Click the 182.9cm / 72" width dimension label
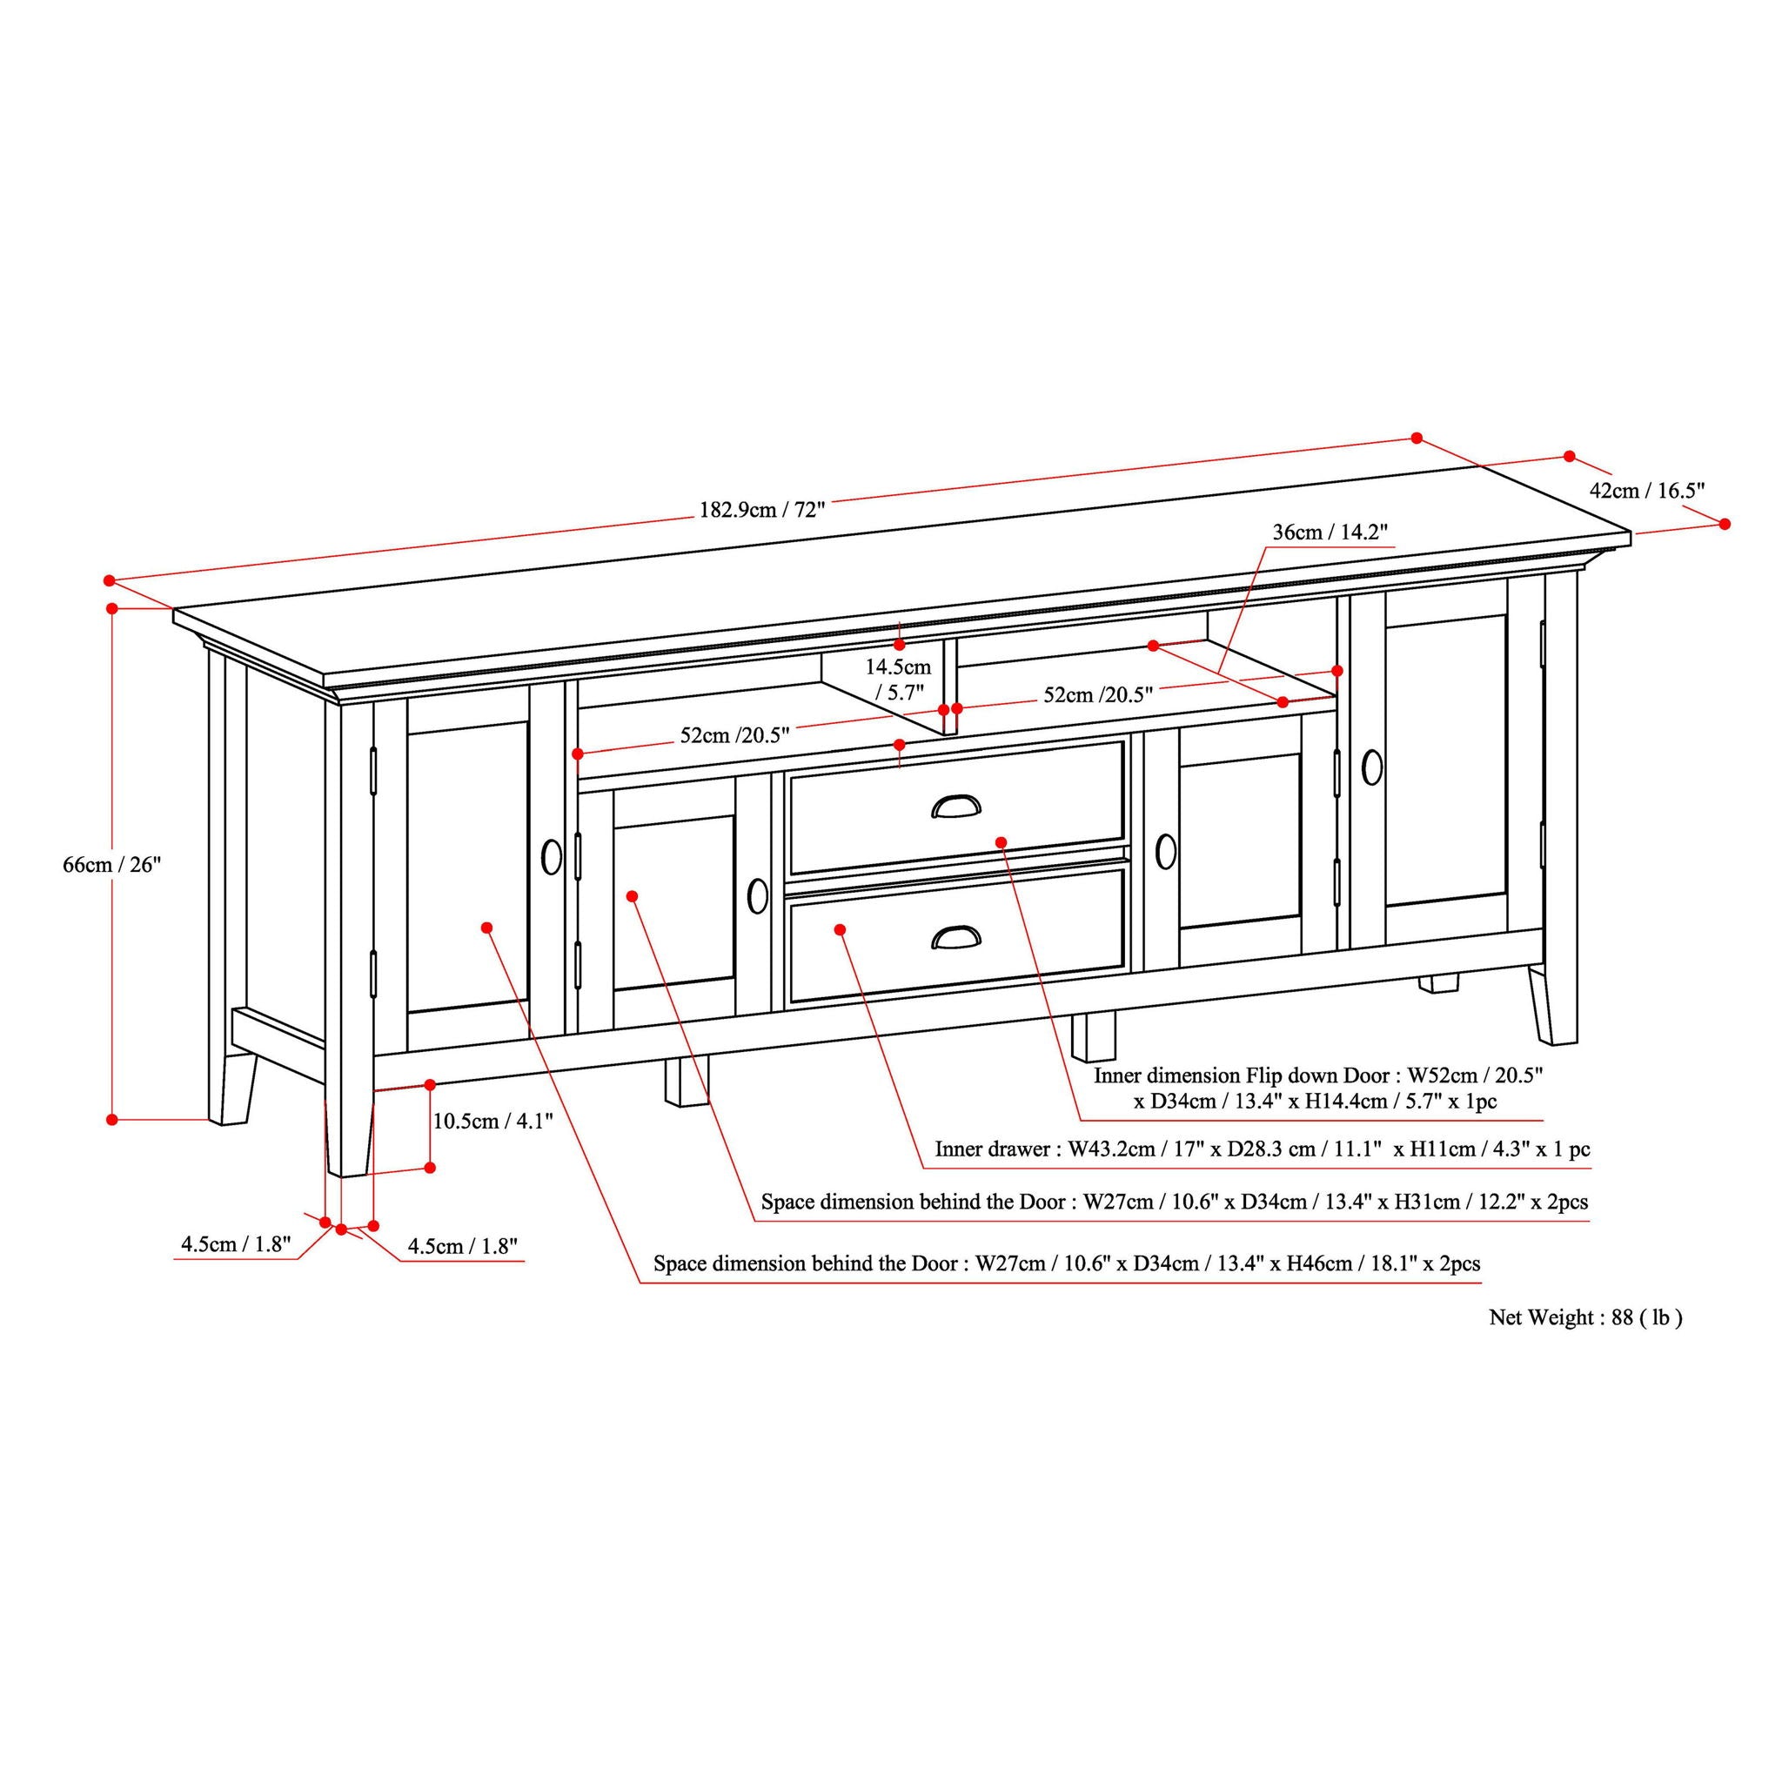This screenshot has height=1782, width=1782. coord(761,509)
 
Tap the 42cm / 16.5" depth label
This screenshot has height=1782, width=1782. coord(1646,490)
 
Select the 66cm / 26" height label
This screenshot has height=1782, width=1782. coord(111,864)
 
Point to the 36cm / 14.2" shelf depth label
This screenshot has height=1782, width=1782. coord(1330,533)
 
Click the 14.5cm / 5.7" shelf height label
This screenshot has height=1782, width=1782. coord(897,679)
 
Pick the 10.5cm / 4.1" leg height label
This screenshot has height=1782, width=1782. coord(492,1122)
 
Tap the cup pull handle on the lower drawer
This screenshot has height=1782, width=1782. coord(955,937)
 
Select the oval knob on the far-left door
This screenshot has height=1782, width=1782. coord(552,856)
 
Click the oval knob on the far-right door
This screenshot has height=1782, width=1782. coord(1371,767)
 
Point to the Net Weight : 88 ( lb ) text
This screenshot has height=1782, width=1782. coord(1585,1317)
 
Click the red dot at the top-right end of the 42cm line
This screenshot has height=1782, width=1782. coord(1569,457)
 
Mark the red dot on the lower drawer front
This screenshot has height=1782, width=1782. coord(841,930)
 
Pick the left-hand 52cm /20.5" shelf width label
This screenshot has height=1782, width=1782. coord(735,735)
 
